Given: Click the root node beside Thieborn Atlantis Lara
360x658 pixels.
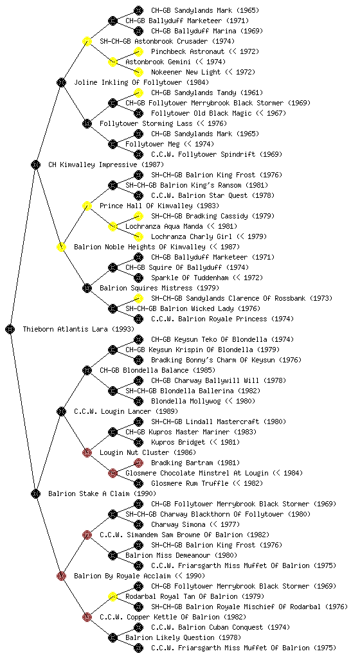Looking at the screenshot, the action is pos(10,329).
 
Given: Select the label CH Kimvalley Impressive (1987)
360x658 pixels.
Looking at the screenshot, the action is pos(106,164).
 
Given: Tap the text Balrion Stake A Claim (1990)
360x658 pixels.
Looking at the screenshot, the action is pos(102,493).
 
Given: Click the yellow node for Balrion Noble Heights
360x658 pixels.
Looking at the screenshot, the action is pos(61,247).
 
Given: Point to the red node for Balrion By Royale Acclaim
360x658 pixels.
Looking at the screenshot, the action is pos(61,576).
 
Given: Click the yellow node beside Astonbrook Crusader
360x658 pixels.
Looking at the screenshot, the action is pos(87,41).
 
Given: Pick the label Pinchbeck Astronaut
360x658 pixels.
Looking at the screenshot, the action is pos(188,51).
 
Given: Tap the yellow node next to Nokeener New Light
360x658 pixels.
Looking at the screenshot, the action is pos(138,72).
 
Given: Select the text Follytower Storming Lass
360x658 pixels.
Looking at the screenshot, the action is pos(146,123).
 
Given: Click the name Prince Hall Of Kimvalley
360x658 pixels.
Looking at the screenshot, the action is pos(146,206).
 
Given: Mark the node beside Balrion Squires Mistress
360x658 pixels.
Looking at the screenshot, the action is pos(87,288).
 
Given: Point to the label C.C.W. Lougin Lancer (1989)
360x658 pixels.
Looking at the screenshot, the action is pos(126,411).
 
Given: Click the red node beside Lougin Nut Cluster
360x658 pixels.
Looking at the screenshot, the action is pos(87,452).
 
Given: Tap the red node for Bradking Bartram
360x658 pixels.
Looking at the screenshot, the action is pos(138,463).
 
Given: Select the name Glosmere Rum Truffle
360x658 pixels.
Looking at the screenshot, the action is pos(190,483).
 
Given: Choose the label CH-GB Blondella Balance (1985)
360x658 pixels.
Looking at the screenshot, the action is pos(157,370).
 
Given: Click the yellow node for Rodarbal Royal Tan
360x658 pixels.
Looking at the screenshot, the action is pos(113,596).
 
